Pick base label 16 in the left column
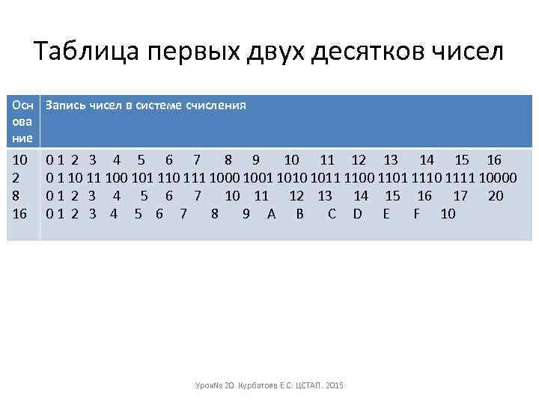pyautogui.click(x=20, y=214)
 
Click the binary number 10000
pyautogui.click(x=499, y=178)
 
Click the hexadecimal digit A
pyautogui.click(x=271, y=214)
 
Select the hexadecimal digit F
pyautogui.click(x=416, y=214)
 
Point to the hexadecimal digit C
pyautogui.click(x=332, y=214)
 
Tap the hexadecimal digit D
pyautogui.click(x=357, y=214)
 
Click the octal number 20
pyautogui.click(x=495, y=196)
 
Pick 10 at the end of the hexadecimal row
pyautogui.click(x=448, y=214)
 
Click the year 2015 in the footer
pyautogui.click(x=334, y=385)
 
